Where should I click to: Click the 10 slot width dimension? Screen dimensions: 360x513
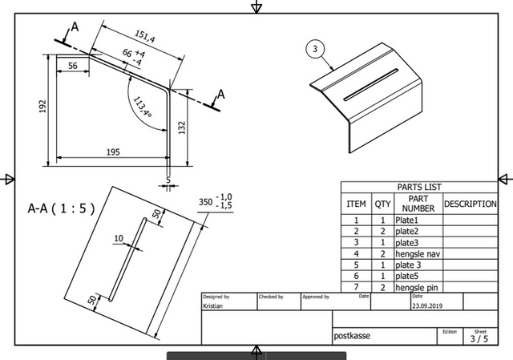coord(118,238)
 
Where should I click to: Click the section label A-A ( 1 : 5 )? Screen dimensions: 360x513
coord(61,208)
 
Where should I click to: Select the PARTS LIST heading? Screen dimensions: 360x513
coord(418,187)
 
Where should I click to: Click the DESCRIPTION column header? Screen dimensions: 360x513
coord(470,204)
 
